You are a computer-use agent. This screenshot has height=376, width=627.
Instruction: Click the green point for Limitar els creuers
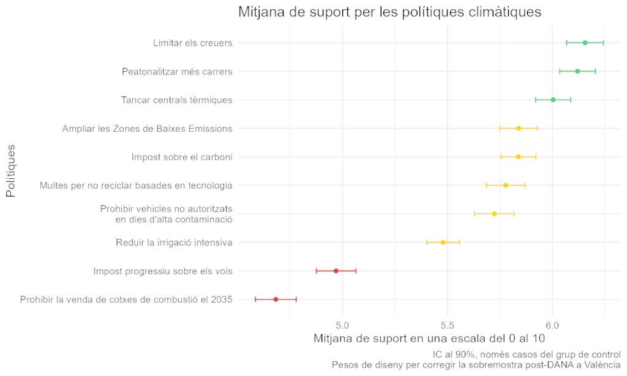pyautogui.click(x=585, y=43)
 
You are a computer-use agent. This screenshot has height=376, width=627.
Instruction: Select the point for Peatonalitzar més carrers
pyautogui.click(x=577, y=72)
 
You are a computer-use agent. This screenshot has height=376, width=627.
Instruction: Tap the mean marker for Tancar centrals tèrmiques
pyautogui.click(x=553, y=100)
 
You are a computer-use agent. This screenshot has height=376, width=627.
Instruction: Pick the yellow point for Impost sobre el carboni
pyautogui.click(x=518, y=157)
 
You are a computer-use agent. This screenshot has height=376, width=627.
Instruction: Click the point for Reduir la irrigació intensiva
pyautogui.click(x=443, y=243)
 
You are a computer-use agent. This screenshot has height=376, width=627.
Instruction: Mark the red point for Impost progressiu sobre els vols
pyautogui.click(x=336, y=271)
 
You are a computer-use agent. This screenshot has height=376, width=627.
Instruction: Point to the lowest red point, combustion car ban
pyautogui.click(x=276, y=299)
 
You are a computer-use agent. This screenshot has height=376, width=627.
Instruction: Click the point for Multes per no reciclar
pyautogui.click(x=505, y=185)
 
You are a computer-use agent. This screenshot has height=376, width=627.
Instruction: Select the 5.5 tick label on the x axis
pyautogui.click(x=448, y=323)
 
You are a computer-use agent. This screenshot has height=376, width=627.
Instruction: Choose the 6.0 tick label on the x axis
pyautogui.click(x=553, y=323)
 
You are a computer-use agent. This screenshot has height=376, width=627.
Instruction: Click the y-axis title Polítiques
pyautogui.click(x=10, y=171)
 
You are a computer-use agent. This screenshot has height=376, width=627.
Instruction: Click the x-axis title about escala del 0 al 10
pyautogui.click(x=429, y=339)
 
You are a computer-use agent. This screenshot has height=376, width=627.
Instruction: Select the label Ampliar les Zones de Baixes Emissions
pyautogui.click(x=147, y=129)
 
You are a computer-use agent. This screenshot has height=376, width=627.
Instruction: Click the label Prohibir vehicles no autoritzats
pyautogui.click(x=166, y=209)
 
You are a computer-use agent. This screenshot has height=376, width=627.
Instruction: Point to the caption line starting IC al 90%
pyautogui.click(x=527, y=355)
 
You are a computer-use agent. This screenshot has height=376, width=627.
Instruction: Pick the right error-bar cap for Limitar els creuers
pyautogui.click(x=604, y=43)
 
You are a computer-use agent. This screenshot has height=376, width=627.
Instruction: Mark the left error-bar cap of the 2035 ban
pyautogui.click(x=255, y=299)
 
